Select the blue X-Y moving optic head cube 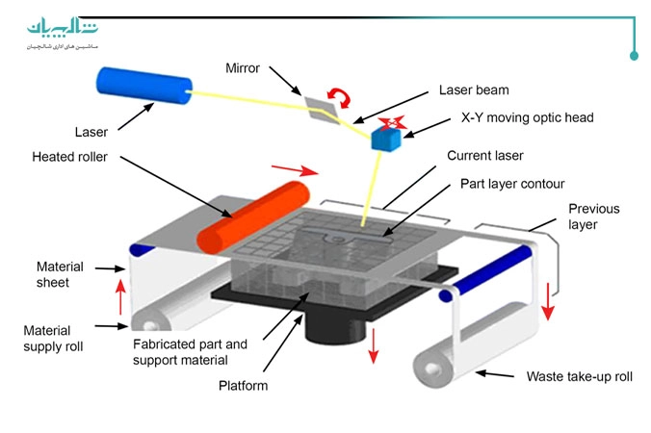click(388, 140)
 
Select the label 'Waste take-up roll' click(579, 376)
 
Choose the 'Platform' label click(242, 386)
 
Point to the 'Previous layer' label click(594, 216)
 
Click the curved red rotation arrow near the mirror click(339, 96)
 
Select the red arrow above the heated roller click(294, 169)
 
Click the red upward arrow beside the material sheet click(120, 295)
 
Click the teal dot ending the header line click(634, 56)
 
